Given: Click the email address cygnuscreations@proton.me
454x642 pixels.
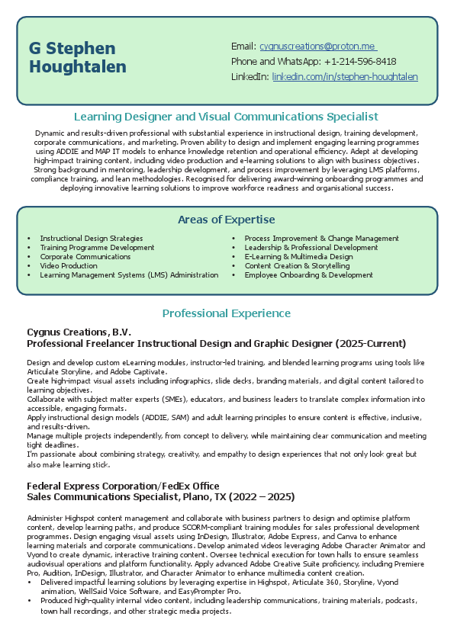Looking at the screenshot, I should pyautogui.click(x=318, y=47).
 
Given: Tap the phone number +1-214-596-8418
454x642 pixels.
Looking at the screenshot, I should pyautogui.click(x=359, y=62).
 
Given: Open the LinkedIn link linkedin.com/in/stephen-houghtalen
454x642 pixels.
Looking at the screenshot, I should pyautogui.click(x=345, y=77).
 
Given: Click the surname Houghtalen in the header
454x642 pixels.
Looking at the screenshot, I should pyautogui.click(x=78, y=67).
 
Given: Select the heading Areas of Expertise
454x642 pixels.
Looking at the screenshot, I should pyautogui.click(x=227, y=220).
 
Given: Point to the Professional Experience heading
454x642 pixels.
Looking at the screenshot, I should pyautogui.click(x=227, y=313).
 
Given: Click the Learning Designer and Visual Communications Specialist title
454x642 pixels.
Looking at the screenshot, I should pyautogui.click(x=227, y=117).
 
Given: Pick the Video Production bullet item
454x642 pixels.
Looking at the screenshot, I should pyautogui.click(x=69, y=266).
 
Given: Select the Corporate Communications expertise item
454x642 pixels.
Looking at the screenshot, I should pyautogui.click(x=85, y=257).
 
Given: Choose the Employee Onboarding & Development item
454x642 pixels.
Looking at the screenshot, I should pyautogui.click(x=308, y=275).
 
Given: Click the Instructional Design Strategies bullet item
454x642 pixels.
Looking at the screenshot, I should pyautogui.click(x=92, y=239).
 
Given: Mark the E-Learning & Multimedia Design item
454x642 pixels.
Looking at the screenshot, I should pyautogui.click(x=298, y=257).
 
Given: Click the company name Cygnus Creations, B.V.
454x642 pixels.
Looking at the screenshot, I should pyautogui.click(x=79, y=332).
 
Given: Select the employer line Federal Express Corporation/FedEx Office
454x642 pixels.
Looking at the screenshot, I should pyautogui.click(x=123, y=486).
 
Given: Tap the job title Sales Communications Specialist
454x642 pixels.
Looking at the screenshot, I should pyautogui.click(x=103, y=497).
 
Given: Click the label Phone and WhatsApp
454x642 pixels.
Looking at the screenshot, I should pyautogui.click(x=275, y=62).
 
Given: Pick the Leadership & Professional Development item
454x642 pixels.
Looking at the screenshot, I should pyautogui.click(x=311, y=248).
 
